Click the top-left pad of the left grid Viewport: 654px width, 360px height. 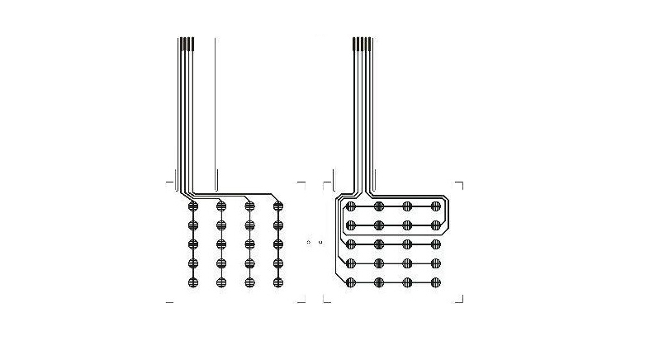(x=193, y=206)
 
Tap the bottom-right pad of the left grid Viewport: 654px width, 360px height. (x=277, y=282)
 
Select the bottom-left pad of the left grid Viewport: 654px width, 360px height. (x=193, y=282)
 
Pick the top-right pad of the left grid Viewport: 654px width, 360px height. (x=277, y=206)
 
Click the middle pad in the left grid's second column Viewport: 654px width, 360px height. (x=221, y=244)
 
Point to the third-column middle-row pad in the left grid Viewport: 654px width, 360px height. (x=249, y=244)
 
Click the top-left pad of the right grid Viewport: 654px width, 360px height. (x=351, y=206)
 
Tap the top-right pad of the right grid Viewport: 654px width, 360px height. (x=435, y=206)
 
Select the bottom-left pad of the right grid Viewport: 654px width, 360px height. (x=351, y=282)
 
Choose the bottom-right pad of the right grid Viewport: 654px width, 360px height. (x=435, y=282)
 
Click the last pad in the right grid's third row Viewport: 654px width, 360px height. (x=435, y=244)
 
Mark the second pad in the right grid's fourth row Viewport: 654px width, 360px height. (x=379, y=263)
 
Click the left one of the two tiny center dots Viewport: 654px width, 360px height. (x=308, y=242)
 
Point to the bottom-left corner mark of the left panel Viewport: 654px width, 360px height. (x=169, y=302)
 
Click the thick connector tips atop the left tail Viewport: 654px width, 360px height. (x=187, y=45)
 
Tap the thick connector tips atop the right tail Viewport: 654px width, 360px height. (x=362, y=45)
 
